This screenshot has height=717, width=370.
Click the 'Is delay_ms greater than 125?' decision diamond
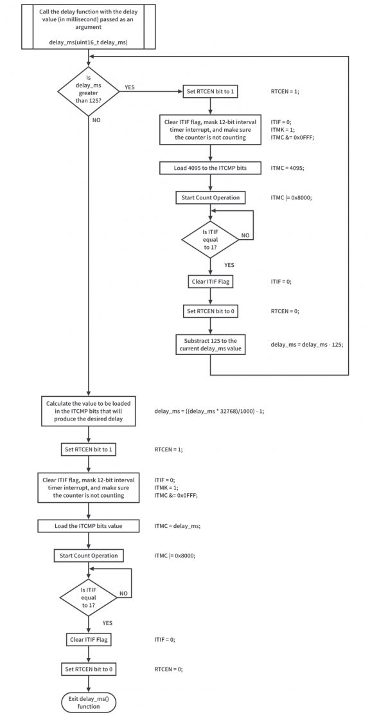[x=88, y=91]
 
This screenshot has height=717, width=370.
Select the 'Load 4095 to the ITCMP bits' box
[x=211, y=168]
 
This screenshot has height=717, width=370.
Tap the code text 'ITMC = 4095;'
[x=292, y=168]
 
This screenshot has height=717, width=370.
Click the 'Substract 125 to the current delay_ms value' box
[x=211, y=345]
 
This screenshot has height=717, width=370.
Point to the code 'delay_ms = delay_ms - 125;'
[x=307, y=345]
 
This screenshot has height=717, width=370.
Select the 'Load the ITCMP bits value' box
[x=89, y=526]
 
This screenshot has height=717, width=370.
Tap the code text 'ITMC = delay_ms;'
[x=177, y=526]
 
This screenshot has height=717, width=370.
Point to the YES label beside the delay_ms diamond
[x=130, y=87]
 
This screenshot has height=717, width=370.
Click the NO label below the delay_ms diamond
[x=97, y=120]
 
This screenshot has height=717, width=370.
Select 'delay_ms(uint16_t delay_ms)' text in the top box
[x=89, y=42]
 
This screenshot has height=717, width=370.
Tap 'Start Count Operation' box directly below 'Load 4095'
[x=211, y=197]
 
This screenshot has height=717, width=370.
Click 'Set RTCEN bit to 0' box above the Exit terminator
[x=89, y=669]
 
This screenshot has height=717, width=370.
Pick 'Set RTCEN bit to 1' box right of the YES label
[x=211, y=91]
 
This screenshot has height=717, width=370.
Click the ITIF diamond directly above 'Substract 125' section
[x=211, y=241]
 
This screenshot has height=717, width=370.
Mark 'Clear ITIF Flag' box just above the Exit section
[x=89, y=640]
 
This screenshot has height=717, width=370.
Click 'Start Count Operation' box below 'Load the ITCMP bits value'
[x=89, y=555]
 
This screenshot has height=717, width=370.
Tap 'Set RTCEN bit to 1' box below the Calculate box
[x=89, y=449]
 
